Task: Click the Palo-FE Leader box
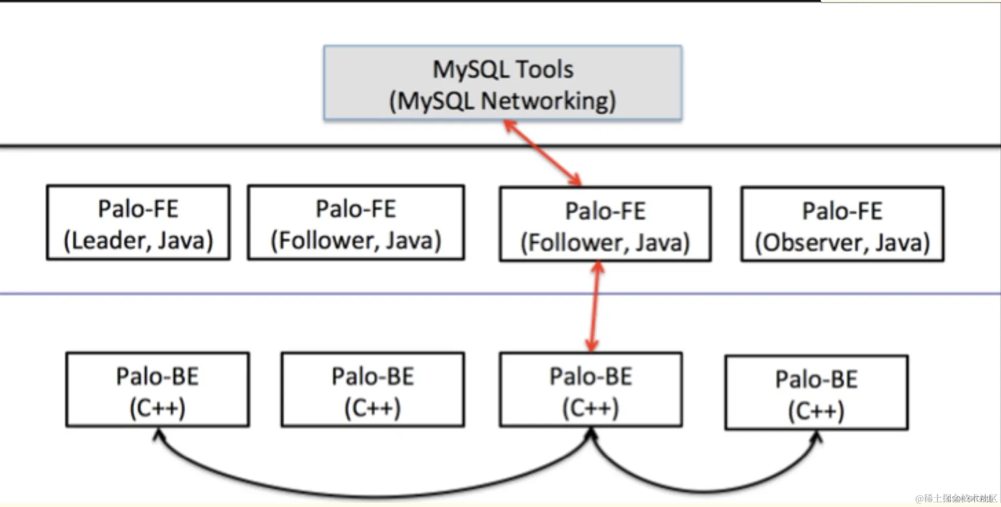click(138, 222)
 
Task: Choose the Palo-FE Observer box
click(842, 224)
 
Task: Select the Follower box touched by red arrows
click(605, 225)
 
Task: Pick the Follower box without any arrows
click(356, 222)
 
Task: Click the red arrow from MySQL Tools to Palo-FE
click(542, 153)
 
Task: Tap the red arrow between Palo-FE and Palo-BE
click(595, 307)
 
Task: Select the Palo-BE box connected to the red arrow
click(591, 390)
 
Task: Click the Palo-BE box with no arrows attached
click(373, 390)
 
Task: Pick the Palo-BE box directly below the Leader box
click(157, 390)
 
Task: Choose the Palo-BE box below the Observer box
click(816, 393)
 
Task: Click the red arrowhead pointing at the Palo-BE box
click(592, 346)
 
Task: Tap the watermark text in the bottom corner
click(956, 498)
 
